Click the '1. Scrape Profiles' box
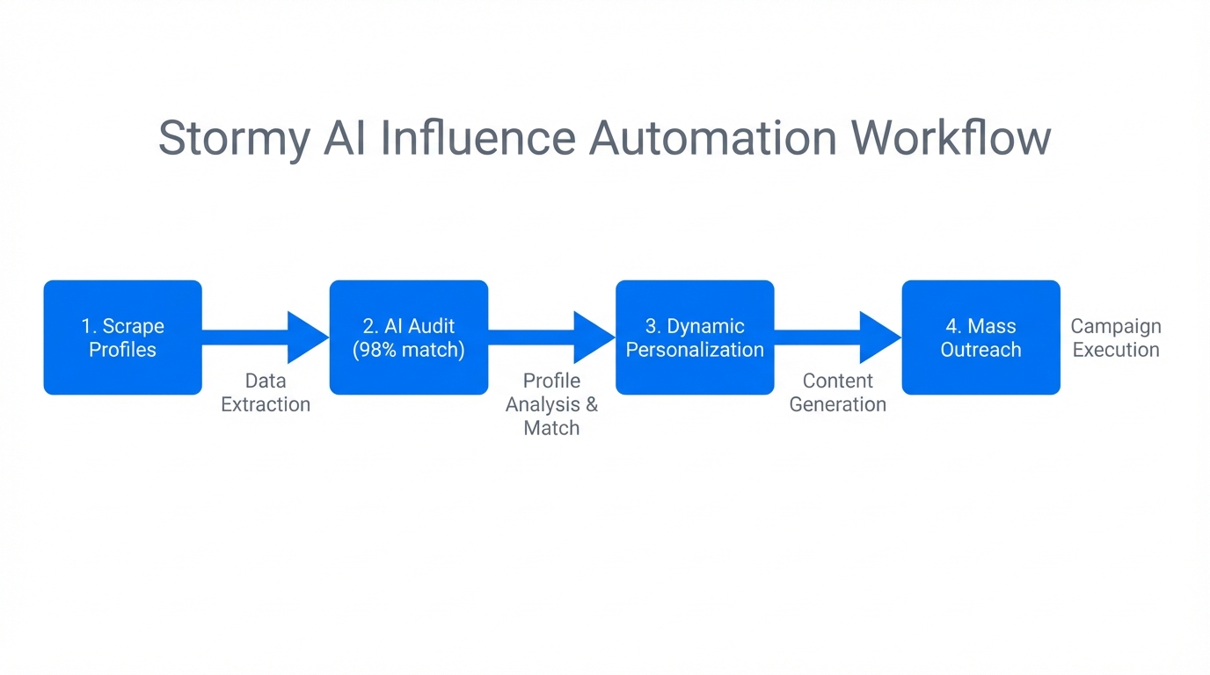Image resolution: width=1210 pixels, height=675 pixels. (x=122, y=337)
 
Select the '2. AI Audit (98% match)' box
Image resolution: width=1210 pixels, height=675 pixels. (x=409, y=337)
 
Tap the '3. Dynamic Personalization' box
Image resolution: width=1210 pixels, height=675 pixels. (x=695, y=337)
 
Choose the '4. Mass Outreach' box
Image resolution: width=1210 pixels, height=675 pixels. (x=980, y=337)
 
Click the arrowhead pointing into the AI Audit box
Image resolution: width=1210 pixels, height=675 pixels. (x=308, y=337)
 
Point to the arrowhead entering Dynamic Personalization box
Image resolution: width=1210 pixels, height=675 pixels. (x=594, y=337)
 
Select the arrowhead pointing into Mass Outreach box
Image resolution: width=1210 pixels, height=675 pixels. (x=879, y=337)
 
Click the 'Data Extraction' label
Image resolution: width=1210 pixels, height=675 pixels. (x=266, y=393)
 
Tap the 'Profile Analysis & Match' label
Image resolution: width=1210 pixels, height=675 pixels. (x=551, y=404)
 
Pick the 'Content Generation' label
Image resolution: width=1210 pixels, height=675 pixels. (x=838, y=393)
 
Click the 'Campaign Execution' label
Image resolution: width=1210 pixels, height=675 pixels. (x=1116, y=338)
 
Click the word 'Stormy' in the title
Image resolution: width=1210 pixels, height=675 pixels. (x=234, y=139)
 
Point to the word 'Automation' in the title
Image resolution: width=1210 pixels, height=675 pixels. (x=713, y=139)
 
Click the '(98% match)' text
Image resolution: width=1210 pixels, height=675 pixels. (x=409, y=350)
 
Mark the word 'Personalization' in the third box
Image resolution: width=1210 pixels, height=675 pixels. (x=695, y=350)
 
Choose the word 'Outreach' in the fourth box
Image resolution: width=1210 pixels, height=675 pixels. (x=980, y=350)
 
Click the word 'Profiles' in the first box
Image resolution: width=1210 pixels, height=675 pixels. (x=122, y=350)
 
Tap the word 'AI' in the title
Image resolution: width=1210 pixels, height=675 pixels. (x=344, y=139)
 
